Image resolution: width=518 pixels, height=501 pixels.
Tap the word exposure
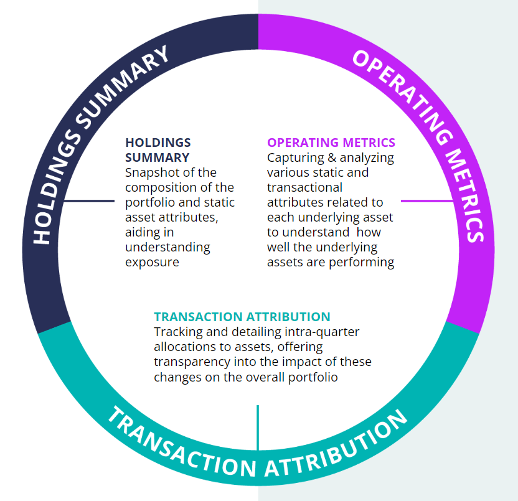[152, 262]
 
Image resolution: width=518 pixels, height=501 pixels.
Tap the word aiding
[142, 232]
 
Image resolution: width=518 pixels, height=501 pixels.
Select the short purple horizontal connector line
[427, 201]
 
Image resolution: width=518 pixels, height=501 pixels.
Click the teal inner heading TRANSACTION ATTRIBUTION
[242, 317]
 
